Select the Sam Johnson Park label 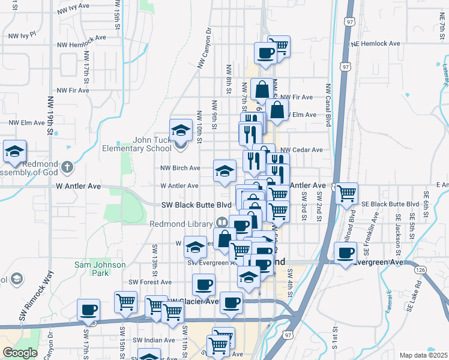click(x=100, y=268)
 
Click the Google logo click(x=20, y=353)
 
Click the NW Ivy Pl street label click(x=22, y=35)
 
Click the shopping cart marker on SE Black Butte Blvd click(x=346, y=193)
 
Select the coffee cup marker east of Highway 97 click(x=345, y=253)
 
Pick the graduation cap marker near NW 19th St click(x=14, y=151)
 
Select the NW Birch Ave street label click(x=180, y=168)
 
